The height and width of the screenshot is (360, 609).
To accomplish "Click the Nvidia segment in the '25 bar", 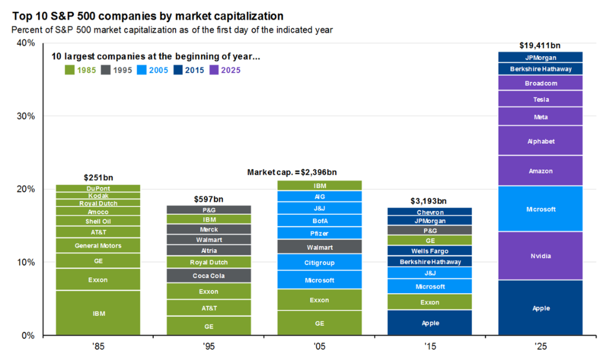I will [x=541, y=256].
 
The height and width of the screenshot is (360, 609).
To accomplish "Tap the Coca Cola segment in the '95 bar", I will [x=208, y=276].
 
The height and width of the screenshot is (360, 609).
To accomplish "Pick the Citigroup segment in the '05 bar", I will [x=319, y=262].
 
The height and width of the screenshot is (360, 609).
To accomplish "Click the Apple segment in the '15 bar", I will [x=430, y=323].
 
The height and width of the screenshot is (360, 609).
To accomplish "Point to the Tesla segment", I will [x=541, y=100].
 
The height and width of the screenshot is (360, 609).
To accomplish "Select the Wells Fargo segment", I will [x=430, y=251].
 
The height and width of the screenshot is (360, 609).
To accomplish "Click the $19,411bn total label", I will [x=541, y=46].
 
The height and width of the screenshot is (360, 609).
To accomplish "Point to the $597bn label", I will [x=208, y=199].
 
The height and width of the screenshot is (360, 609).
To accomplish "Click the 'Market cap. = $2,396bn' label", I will [x=292, y=172].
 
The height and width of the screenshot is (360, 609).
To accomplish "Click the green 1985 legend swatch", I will [x=70, y=70].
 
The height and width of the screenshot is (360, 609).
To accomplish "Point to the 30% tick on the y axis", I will [x=27, y=116].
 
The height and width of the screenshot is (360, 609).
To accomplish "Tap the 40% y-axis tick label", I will [x=27, y=43].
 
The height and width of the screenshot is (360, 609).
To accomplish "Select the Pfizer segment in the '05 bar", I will [x=319, y=233].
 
